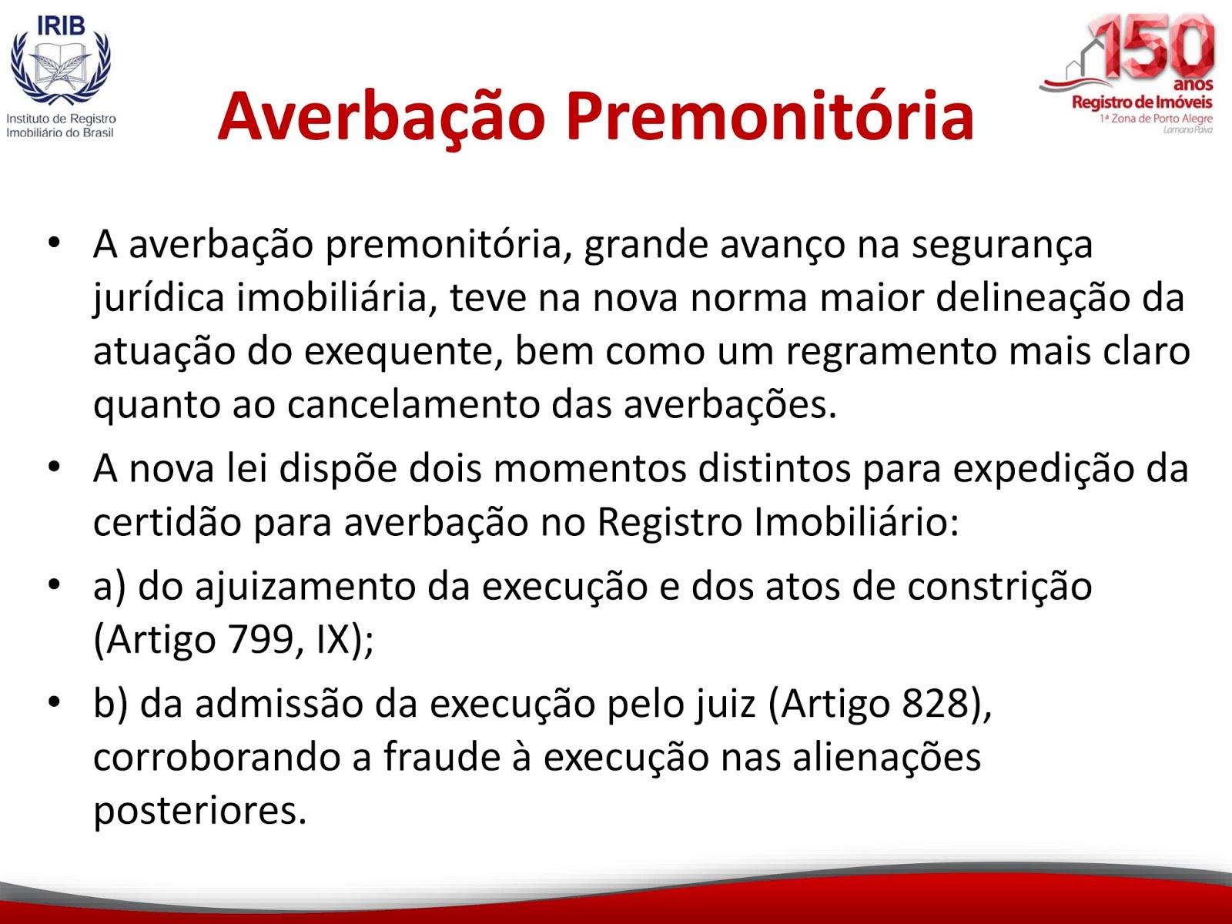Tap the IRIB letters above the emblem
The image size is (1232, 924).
[x=61, y=25]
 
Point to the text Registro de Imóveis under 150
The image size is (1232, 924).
[x=1142, y=102]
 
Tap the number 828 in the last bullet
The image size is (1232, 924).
[x=936, y=704]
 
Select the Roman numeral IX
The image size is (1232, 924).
[x=334, y=640]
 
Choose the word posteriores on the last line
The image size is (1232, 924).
[x=199, y=812]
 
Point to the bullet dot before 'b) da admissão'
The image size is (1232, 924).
[x=54, y=701]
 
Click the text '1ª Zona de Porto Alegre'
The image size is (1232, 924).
[x=1155, y=119]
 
